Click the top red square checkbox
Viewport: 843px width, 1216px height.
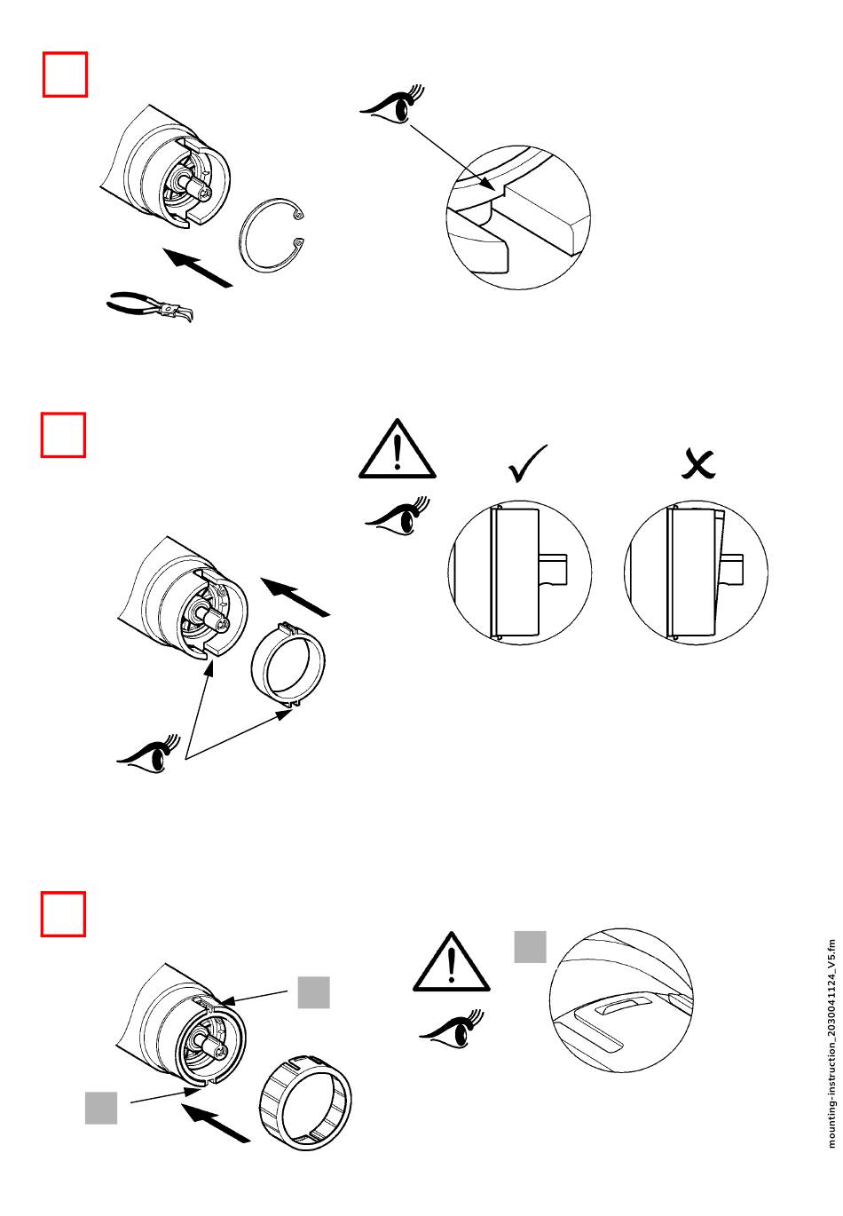[x=66, y=74]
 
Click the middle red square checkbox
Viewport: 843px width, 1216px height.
[x=64, y=435]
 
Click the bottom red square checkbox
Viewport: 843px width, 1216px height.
[x=64, y=914]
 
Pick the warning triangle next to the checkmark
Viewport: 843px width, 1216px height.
[x=398, y=450]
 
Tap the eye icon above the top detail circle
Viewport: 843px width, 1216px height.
[x=391, y=105]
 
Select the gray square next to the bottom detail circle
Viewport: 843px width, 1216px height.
[x=531, y=946]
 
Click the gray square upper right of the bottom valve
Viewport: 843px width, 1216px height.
[x=313, y=992]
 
